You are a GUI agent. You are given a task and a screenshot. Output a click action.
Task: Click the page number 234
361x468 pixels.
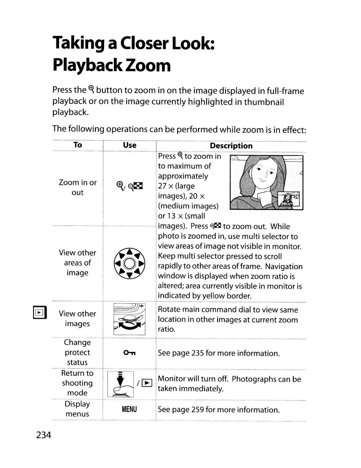[x=44, y=435]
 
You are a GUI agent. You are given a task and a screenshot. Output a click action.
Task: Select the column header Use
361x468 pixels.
[x=129, y=145]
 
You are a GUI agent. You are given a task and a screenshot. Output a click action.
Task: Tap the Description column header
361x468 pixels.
[x=231, y=146]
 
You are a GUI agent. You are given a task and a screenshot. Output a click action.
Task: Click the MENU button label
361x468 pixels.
[x=129, y=409]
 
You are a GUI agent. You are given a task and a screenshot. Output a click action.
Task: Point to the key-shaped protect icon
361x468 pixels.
[x=129, y=353]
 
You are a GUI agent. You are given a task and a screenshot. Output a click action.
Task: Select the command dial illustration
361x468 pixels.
[x=129, y=319]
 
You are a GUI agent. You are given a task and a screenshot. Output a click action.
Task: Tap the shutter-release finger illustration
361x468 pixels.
[x=121, y=384]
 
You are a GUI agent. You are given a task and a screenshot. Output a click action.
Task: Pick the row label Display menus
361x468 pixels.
[x=77, y=409]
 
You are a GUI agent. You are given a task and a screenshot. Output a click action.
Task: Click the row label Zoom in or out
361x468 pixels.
[x=78, y=187]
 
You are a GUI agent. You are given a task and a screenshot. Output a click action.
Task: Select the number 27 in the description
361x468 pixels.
[x=162, y=186]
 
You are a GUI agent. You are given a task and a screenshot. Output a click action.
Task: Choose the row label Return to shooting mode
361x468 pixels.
[x=77, y=383]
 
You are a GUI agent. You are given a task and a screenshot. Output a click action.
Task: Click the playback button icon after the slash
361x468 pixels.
[x=147, y=383]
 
